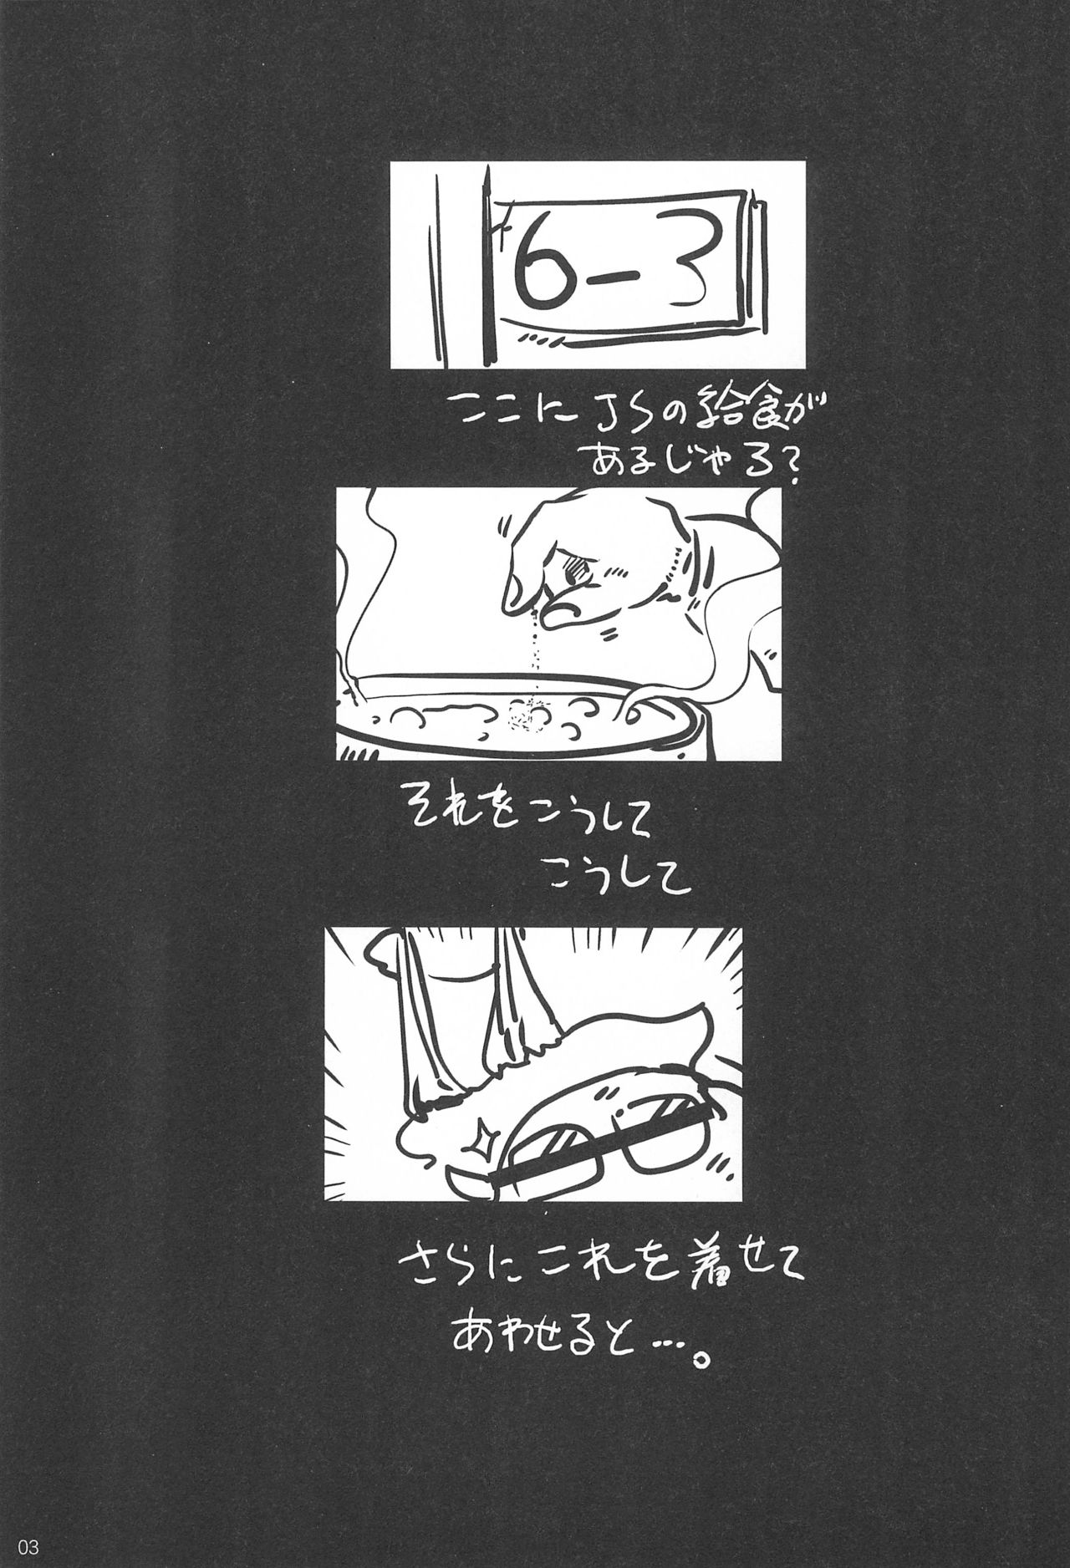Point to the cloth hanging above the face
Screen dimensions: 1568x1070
[x=468, y=995]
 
